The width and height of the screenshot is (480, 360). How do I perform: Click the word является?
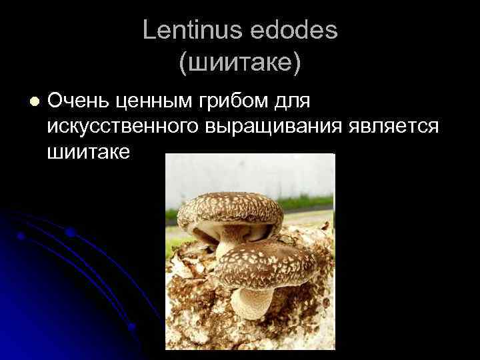(x=394, y=127)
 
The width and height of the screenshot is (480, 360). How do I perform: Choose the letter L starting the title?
(x=148, y=31)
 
